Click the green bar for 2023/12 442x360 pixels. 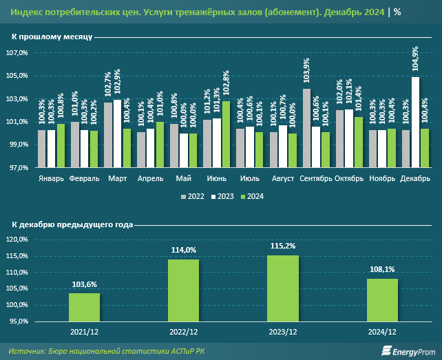(x=282, y=288)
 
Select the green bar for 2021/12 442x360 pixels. (x=84, y=307)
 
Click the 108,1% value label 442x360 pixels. (x=382, y=269)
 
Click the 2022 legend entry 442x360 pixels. (x=192, y=196)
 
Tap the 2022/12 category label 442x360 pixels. (x=183, y=331)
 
